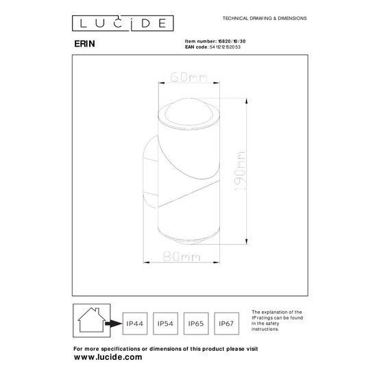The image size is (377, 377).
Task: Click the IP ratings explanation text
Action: click(x=277, y=321)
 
